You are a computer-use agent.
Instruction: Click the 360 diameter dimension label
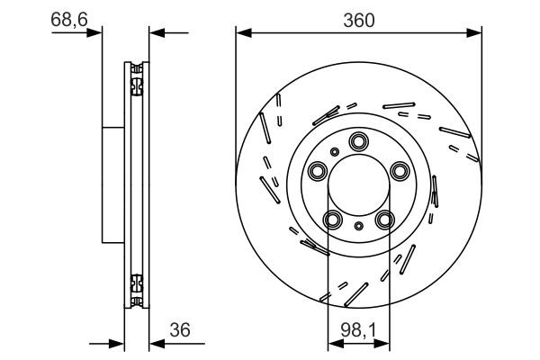[358, 17]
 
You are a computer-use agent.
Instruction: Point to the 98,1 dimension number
[358, 329]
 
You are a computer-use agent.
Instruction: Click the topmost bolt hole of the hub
[359, 140]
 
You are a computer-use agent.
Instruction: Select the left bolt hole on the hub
[317, 171]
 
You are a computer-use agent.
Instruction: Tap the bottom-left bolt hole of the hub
[333, 220]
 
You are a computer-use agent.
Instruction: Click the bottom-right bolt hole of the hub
[385, 220]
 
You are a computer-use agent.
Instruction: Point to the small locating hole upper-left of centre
[335, 152]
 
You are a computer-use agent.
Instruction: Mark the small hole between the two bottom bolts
[359, 225]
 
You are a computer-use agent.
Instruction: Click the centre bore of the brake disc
[359, 185]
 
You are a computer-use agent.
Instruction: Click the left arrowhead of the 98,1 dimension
[333, 343]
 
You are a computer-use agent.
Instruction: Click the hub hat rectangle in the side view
[112, 185]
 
